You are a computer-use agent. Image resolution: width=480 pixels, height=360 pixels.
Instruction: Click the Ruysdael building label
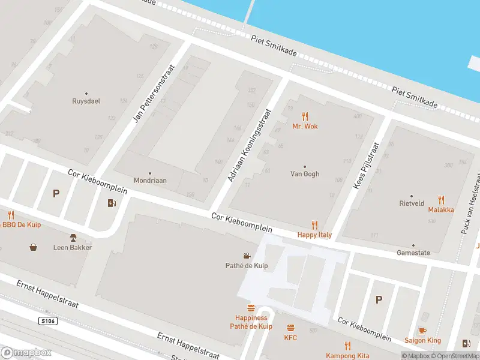(86, 101)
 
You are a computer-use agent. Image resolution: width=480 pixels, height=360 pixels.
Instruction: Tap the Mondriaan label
(150, 180)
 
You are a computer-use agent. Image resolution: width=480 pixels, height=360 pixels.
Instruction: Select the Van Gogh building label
(305, 174)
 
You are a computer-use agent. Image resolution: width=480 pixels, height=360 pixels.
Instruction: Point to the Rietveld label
(412, 203)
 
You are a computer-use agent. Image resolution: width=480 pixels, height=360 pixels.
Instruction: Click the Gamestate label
(413, 253)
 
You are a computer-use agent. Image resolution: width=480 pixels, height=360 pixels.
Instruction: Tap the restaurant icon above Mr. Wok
(305, 116)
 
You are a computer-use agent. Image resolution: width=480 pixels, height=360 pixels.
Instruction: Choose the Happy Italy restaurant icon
(314, 226)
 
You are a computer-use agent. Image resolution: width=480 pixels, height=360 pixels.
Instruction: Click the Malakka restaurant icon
(442, 200)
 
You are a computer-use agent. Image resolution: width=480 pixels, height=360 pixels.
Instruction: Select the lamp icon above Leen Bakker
(73, 238)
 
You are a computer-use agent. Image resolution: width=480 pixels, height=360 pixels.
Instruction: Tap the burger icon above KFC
(291, 328)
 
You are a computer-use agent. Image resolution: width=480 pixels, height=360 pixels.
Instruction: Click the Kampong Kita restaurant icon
(347, 346)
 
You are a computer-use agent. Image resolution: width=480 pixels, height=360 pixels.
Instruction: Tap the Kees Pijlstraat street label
(367, 166)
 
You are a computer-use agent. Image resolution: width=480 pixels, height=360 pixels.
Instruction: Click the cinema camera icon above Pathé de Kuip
(246, 256)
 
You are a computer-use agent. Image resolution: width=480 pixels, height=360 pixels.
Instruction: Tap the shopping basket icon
(34, 247)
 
